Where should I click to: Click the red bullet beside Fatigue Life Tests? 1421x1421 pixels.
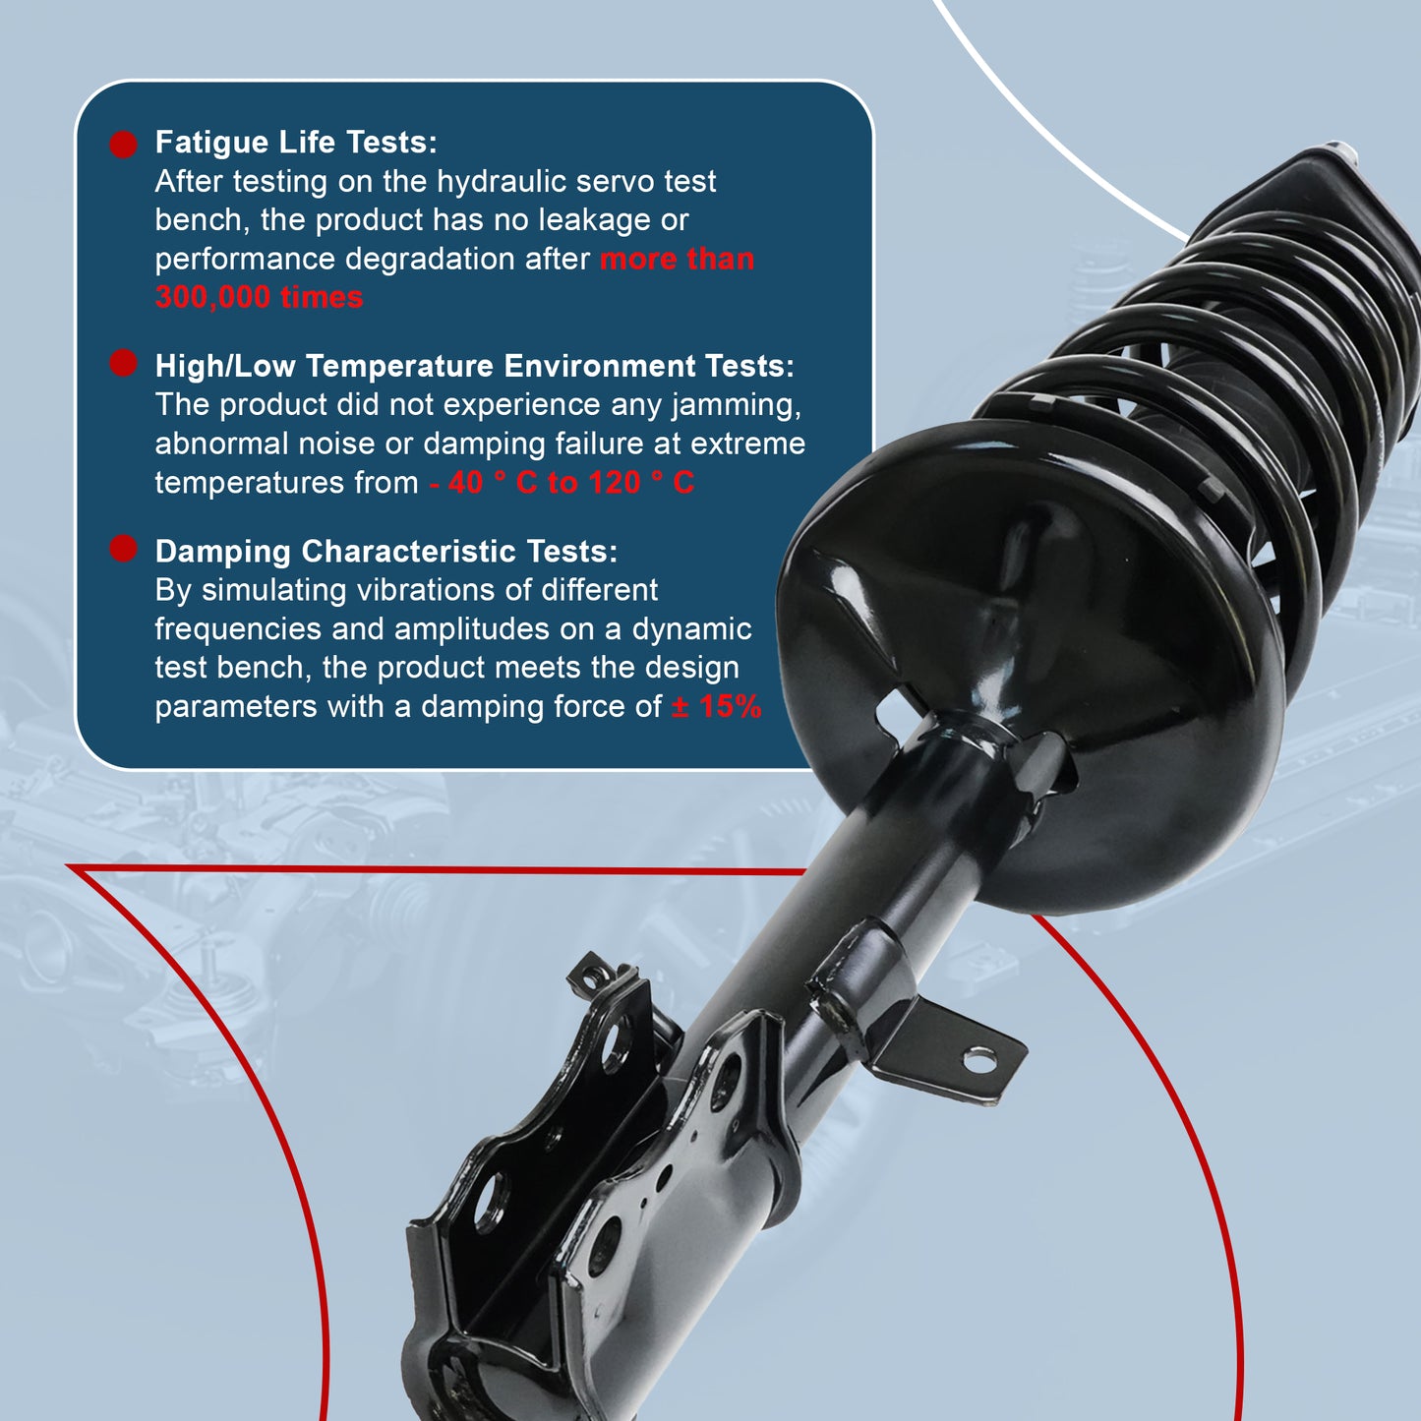[123, 145]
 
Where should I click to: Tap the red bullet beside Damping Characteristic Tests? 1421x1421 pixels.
[123, 549]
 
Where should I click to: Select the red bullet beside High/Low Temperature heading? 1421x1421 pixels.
[123, 363]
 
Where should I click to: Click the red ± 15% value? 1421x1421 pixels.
[716, 706]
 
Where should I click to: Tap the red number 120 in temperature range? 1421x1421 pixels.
[615, 483]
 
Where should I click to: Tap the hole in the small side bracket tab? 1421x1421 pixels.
[978, 1059]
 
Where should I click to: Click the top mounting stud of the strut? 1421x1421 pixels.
[1343, 151]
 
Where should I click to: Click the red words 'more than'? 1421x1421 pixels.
[677, 260]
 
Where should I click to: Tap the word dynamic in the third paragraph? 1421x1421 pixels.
[691, 628]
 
